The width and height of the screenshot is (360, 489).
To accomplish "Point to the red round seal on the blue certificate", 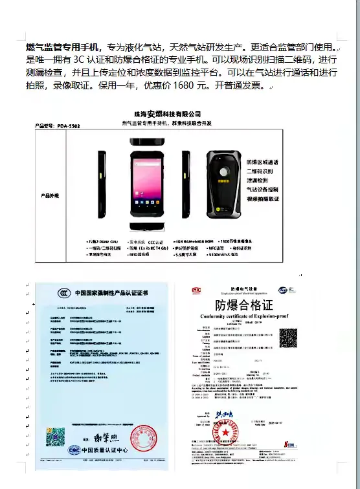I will coord(143,438).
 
